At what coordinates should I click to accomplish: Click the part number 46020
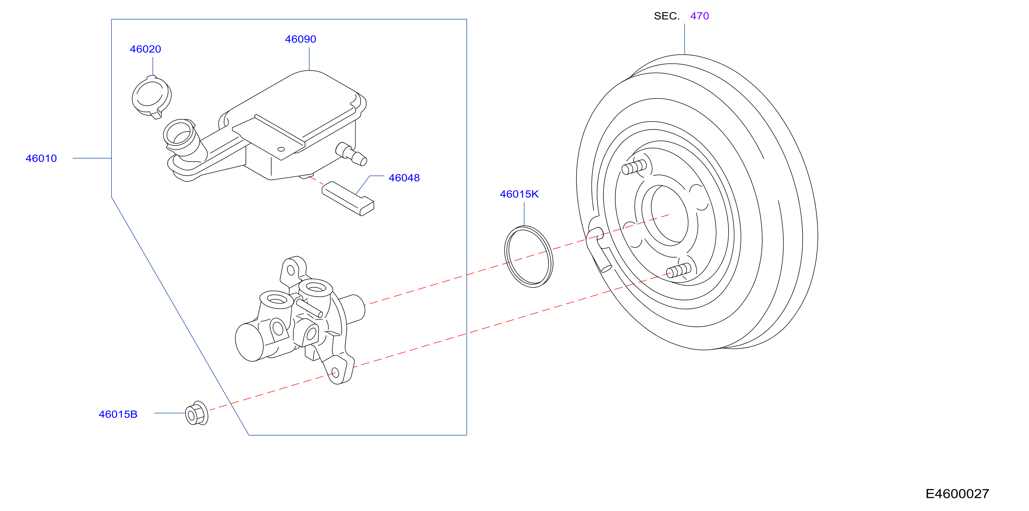(x=145, y=49)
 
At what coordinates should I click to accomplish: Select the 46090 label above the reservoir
(x=300, y=39)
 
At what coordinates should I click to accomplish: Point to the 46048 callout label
(x=404, y=178)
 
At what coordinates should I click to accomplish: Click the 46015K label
(x=519, y=194)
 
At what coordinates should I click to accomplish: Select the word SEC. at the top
(x=667, y=16)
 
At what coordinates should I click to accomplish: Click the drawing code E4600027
(x=957, y=494)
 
